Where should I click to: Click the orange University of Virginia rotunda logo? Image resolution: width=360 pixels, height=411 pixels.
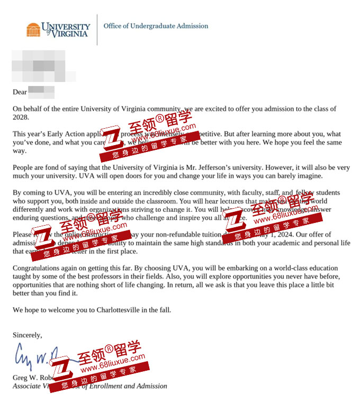coord(33,30)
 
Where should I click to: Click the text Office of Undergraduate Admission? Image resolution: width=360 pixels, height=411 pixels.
coord(156,26)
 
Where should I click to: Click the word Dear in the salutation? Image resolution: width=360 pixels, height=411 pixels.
coord(20,92)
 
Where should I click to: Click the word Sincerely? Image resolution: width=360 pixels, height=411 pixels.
coord(27,335)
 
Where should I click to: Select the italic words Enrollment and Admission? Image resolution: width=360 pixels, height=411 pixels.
coord(132,386)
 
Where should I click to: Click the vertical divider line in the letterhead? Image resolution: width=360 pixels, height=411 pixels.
coord(97,30)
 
